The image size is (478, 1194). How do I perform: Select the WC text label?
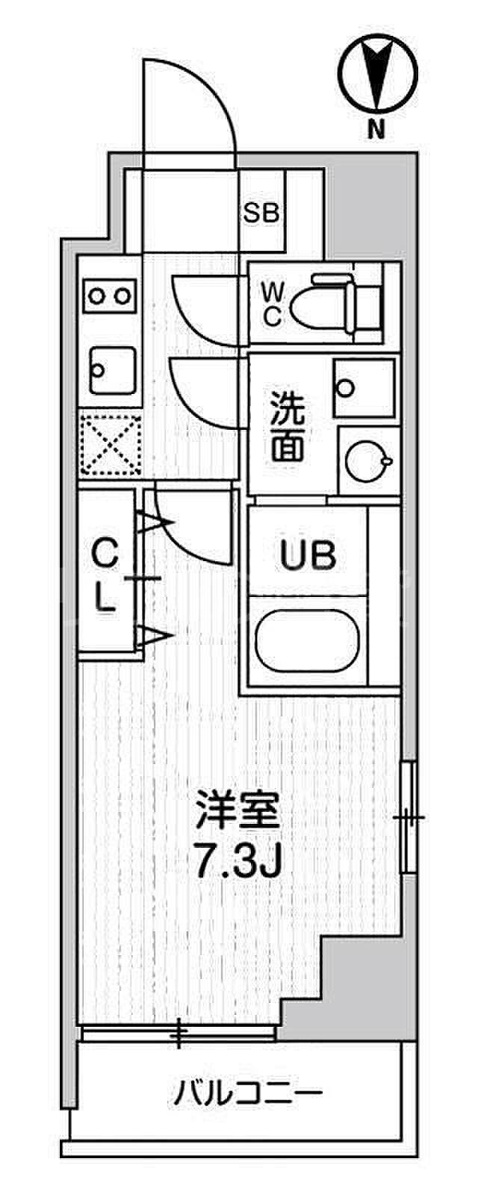[x=270, y=304]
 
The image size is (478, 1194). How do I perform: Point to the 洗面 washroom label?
[x=287, y=425]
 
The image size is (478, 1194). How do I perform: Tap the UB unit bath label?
[x=308, y=555]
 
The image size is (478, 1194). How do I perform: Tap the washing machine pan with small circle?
[x=364, y=388]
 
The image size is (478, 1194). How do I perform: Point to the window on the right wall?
[x=407, y=816]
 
